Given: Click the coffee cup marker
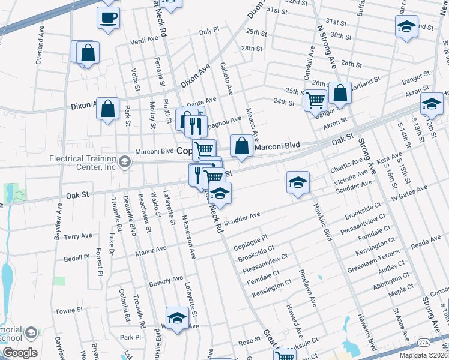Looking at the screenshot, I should click(x=108, y=17).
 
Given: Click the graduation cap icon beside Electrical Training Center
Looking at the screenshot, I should click(x=124, y=161).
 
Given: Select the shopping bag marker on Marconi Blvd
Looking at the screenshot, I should click(x=241, y=146).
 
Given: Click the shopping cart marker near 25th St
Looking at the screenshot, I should click(x=315, y=100).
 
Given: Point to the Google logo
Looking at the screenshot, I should click(x=20, y=353).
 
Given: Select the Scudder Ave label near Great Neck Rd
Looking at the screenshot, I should click(x=242, y=215).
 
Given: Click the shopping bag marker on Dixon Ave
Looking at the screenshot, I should click(x=107, y=109).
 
